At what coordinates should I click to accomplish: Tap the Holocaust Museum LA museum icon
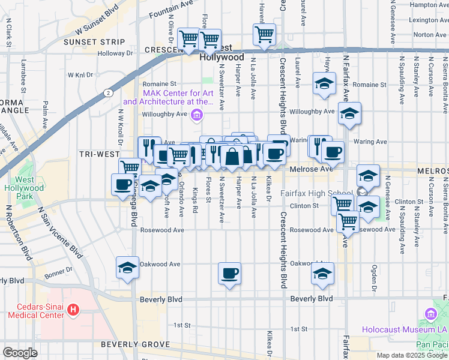point(430,314)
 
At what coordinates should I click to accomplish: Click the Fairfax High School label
point(317,193)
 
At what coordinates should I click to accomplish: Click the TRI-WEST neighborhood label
point(99,154)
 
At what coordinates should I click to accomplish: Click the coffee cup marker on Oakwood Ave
point(230,274)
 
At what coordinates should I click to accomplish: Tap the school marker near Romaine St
point(324,83)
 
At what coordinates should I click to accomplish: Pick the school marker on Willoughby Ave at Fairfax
point(349,112)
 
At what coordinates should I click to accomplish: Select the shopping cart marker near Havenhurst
point(264,34)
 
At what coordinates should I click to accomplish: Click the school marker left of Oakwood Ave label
point(127,268)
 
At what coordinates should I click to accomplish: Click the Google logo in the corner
point(20,353)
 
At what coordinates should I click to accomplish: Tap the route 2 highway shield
point(107,93)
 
